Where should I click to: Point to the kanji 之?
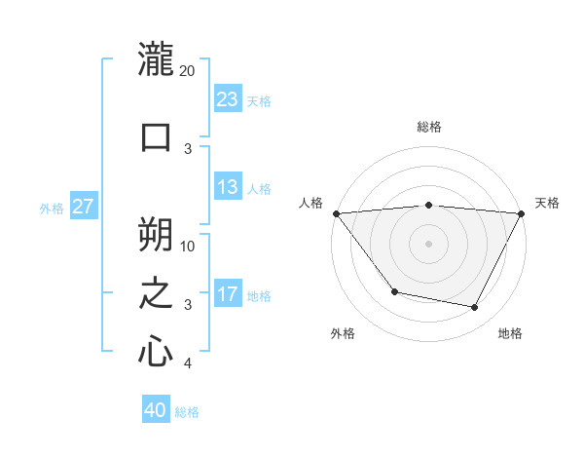[x=156, y=292]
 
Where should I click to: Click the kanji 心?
[x=156, y=351]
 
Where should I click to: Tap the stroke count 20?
[x=188, y=71]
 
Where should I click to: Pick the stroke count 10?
[x=189, y=246]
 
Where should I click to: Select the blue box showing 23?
[x=227, y=98]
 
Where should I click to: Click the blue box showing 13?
[x=227, y=187]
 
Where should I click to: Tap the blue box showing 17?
[x=227, y=293]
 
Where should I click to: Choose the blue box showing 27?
[x=83, y=207]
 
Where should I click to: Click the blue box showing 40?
[x=156, y=410]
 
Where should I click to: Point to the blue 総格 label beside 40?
[x=187, y=412]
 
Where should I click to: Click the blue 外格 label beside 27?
[x=52, y=209]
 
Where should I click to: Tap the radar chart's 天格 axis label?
[x=547, y=203]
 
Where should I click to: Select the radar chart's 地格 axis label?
[x=510, y=333]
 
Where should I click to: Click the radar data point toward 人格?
[x=336, y=213]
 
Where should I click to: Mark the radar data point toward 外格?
[x=394, y=291]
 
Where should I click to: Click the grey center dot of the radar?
[x=428, y=243]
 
